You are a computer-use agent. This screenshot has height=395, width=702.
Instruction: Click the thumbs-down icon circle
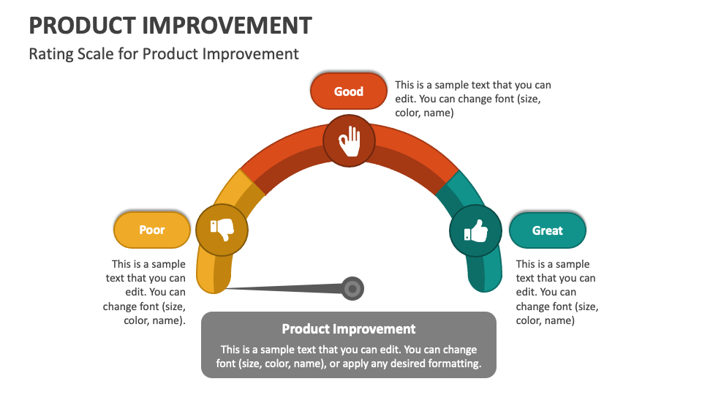pos(222,230)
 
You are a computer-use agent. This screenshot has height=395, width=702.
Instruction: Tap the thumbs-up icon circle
pos(475,231)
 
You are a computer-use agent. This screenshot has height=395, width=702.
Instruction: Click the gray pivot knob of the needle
pos(352,289)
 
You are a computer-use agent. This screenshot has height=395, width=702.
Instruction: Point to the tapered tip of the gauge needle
pos(229,289)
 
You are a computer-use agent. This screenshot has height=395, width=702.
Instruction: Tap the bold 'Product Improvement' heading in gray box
pos(349,329)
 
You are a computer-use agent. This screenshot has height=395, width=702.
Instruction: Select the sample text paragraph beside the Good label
pos(472,99)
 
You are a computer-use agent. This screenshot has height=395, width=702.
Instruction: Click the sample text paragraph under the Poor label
pos(145,292)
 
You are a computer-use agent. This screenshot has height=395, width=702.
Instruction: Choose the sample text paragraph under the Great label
pos(556,292)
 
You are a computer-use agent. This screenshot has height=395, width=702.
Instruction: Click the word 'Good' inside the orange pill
pos(349,91)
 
